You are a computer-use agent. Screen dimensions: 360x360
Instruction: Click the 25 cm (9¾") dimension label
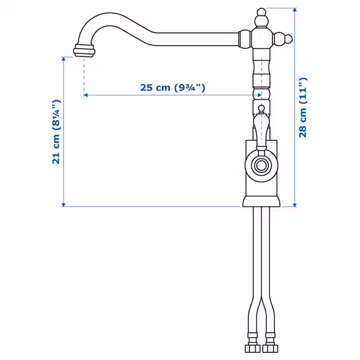(172, 88)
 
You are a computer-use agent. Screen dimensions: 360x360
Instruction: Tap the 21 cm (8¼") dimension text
(56, 132)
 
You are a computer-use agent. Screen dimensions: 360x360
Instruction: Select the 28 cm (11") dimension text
(303, 107)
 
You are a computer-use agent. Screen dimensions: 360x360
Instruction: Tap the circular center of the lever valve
(261, 165)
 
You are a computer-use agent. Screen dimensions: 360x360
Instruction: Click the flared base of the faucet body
(261, 202)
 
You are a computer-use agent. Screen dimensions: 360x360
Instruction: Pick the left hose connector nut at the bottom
(253, 348)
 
